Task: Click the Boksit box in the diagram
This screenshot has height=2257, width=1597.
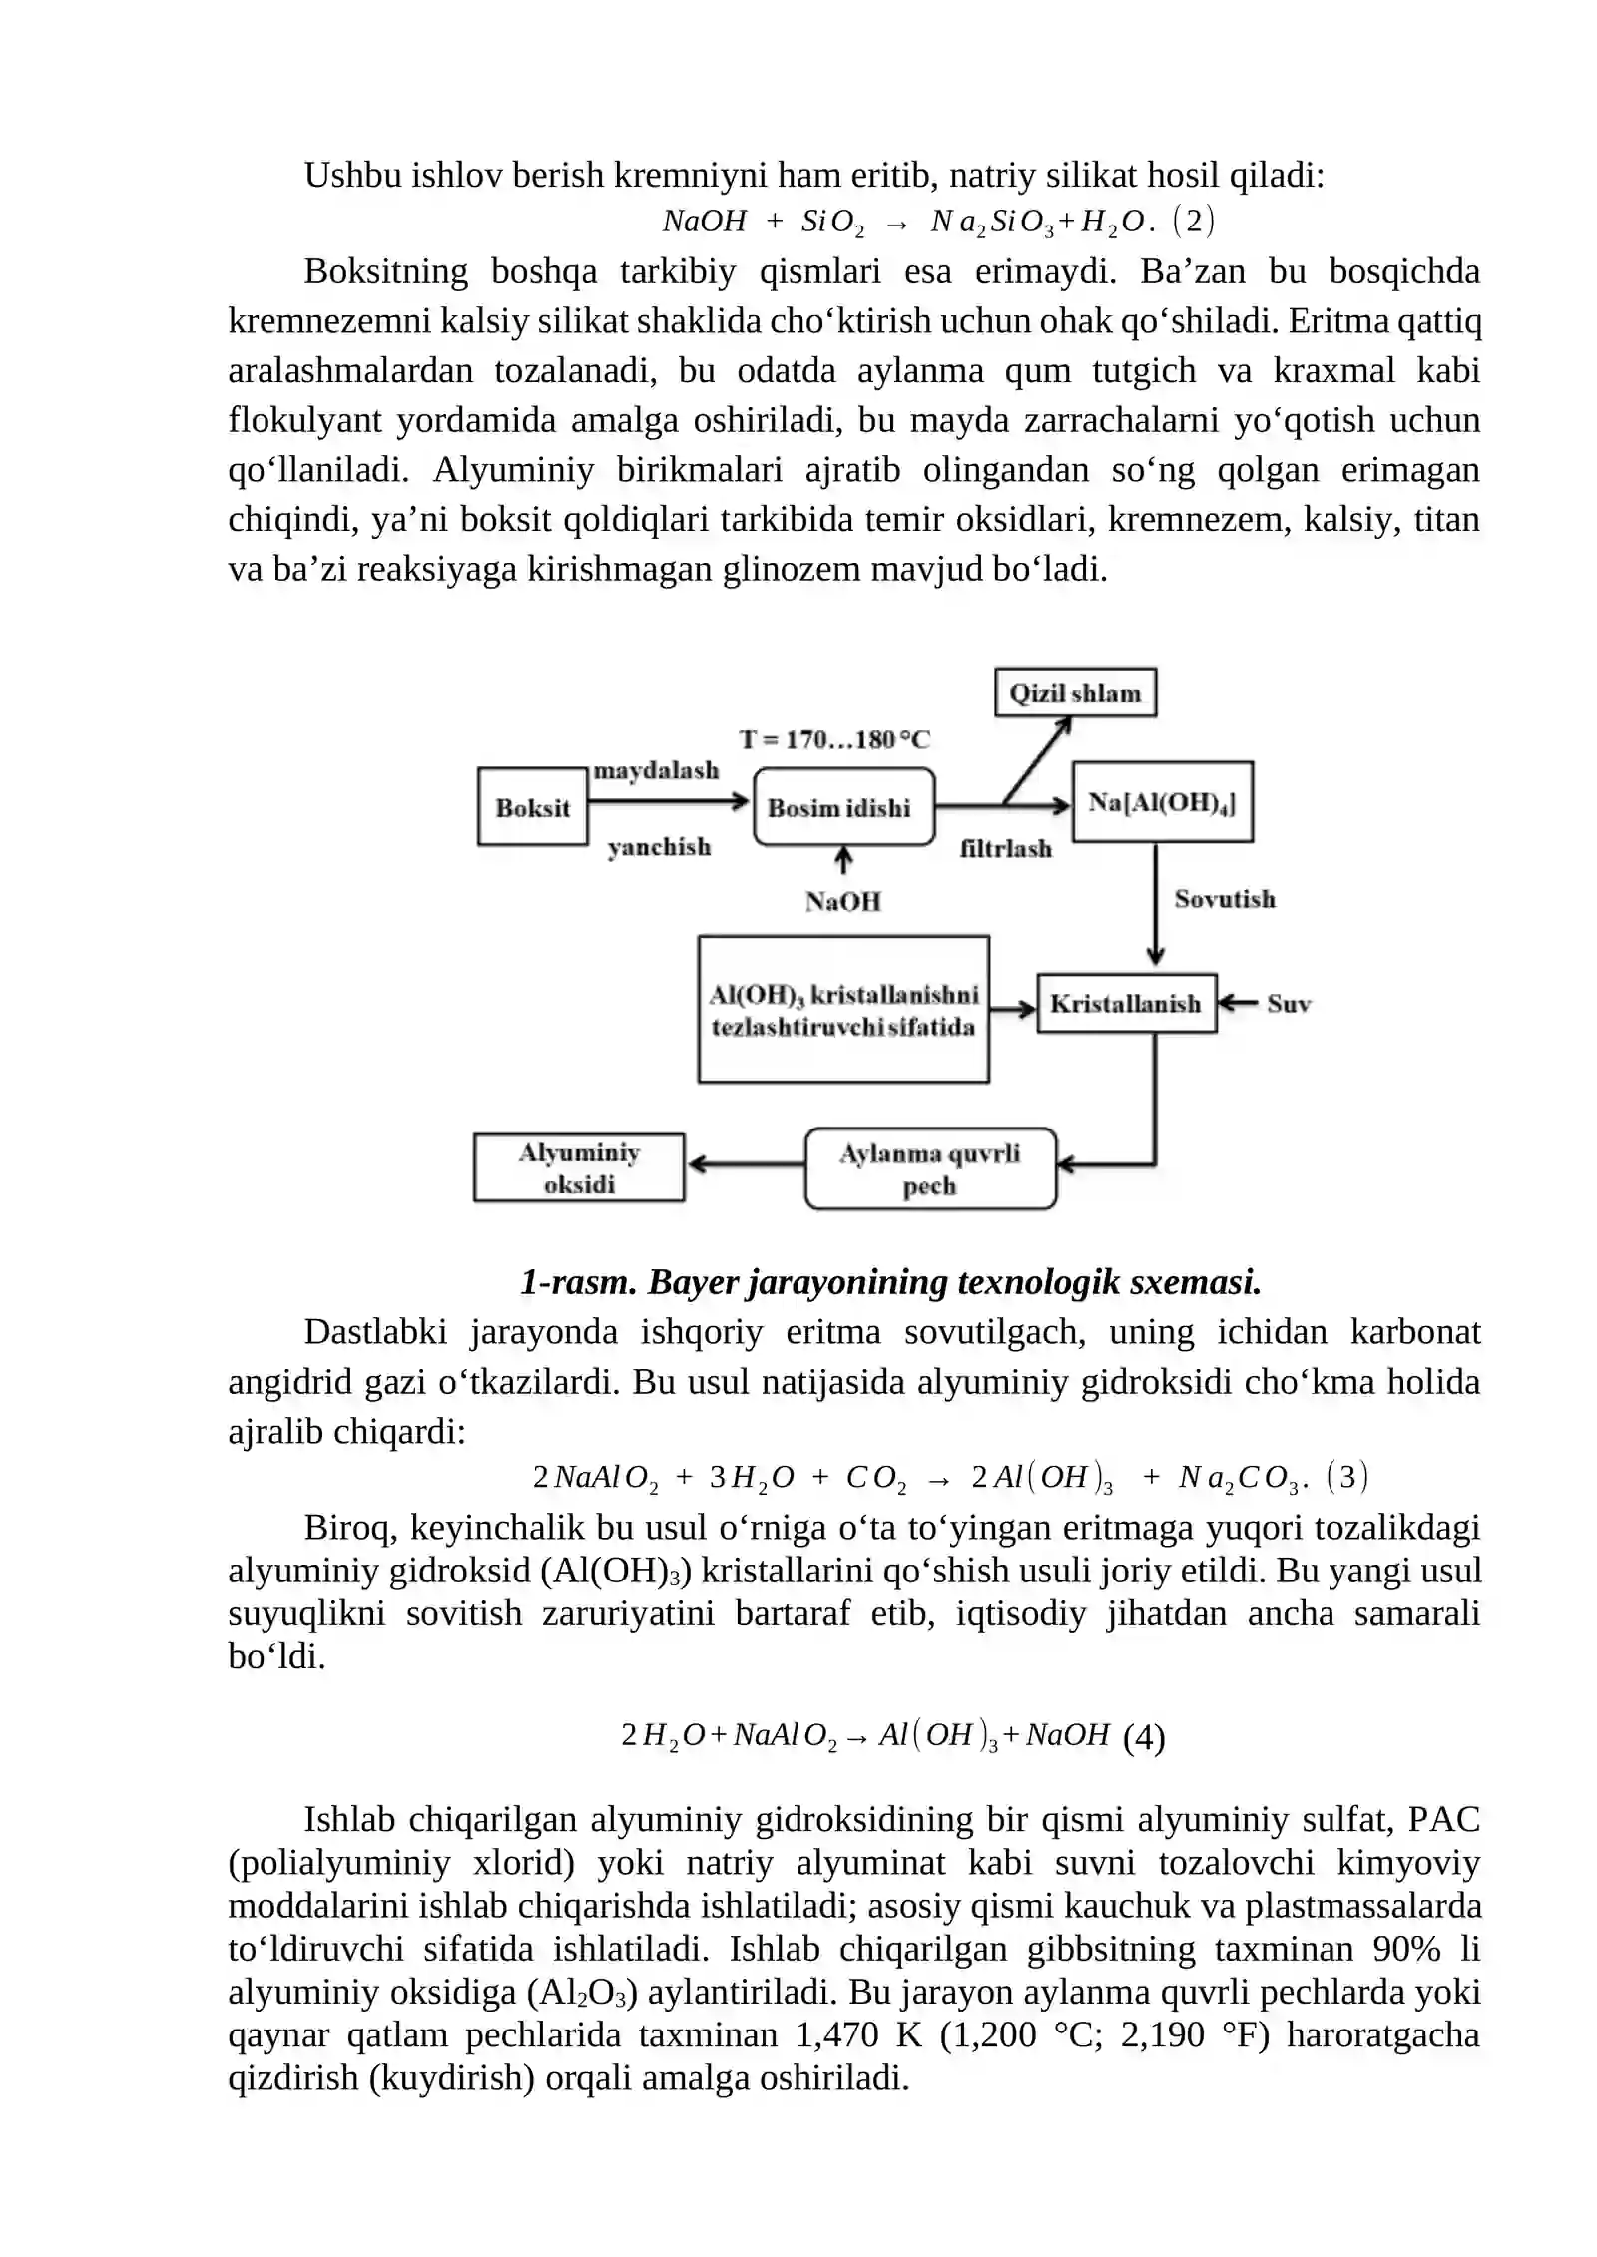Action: tap(532, 806)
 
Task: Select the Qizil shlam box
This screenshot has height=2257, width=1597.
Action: tap(1075, 692)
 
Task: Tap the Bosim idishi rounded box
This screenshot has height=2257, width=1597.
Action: tap(843, 807)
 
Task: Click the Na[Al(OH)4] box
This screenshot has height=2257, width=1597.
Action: tap(1162, 802)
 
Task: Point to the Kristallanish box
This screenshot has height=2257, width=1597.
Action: tap(1126, 1003)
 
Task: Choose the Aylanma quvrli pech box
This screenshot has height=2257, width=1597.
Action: tap(929, 1168)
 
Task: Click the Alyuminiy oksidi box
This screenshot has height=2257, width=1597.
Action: tap(579, 1167)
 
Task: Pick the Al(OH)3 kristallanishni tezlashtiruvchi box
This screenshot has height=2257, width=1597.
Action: tap(843, 1009)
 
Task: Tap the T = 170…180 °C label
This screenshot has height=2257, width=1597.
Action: tap(834, 739)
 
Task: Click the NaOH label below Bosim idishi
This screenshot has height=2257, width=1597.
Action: tap(843, 901)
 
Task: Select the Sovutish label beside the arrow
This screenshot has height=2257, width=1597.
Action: tap(1225, 898)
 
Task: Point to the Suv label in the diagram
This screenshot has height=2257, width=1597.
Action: tap(1289, 1004)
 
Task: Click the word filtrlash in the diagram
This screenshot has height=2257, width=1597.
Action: tap(1005, 848)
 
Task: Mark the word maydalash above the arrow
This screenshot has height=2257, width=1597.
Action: tap(656, 770)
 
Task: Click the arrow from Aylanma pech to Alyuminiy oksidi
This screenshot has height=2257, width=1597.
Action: tap(746, 1163)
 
